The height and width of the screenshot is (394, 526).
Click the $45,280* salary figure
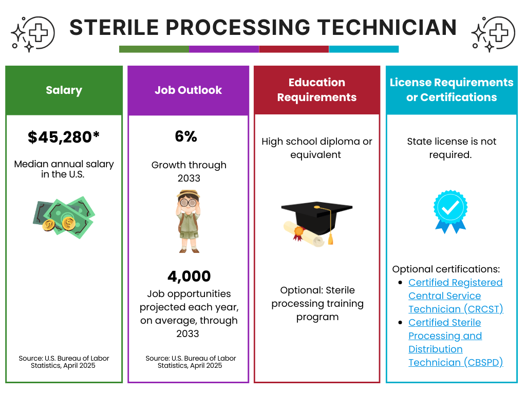pyautogui.click(x=64, y=137)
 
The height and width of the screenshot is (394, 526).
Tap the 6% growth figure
pyautogui.click(x=186, y=136)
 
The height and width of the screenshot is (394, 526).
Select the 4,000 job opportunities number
pyautogui.click(x=189, y=277)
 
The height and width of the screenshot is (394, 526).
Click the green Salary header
pyautogui.click(x=64, y=90)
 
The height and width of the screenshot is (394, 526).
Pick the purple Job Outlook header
pyautogui.click(x=188, y=90)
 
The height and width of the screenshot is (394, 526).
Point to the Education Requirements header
pyautogui.click(x=317, y=90)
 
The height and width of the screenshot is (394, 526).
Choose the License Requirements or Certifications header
pyautogui.click(x=452, y=90)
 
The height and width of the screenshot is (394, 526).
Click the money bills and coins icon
pyautogui.click(x=64, y=218)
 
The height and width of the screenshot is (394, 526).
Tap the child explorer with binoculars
pyautogui.click(x=189, y=221)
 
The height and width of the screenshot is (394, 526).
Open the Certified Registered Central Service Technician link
pyautogui.click(x=455, y=296)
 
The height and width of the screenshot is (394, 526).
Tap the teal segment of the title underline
pyautogui.click(x=364, y=49)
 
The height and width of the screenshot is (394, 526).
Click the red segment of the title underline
pyautogui.click(x=294, y=49)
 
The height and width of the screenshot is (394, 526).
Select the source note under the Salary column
pyautogui.click(x=64, y=362)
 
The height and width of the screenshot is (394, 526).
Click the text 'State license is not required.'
pyautogui.click(x=452, y=148)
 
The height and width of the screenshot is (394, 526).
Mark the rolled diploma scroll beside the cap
pyautogui.click(x=303, y=233)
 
